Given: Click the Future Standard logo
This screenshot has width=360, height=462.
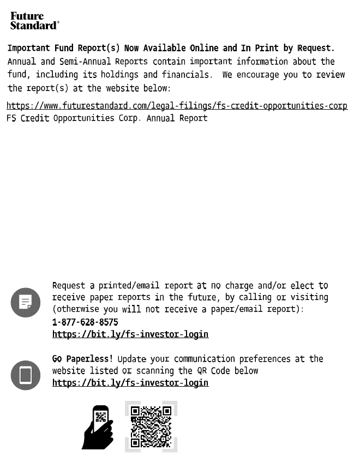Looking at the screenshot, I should click(x=34, y=21).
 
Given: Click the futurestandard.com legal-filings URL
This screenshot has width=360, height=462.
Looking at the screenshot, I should click(x=177, y=105).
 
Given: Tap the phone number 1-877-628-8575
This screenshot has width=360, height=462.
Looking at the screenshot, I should click(x=85, y=322).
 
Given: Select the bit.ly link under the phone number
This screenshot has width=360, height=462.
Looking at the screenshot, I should click(x=130, y=334).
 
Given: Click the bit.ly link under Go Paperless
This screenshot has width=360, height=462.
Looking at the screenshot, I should click(x=130, y=383).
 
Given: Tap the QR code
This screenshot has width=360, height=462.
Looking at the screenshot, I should click(x=151, y=427).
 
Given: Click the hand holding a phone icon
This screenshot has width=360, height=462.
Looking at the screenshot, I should click(x=98, y=428).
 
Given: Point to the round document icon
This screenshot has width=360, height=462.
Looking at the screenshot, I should click(x=26, y=302).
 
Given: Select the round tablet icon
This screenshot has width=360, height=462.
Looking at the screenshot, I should click(x=26, y=375).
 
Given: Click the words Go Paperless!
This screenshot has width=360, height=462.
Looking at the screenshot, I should click(x=82, y=359).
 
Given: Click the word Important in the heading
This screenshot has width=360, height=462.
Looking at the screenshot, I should click(x=29, y=49).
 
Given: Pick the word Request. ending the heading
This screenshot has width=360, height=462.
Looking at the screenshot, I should click(x=316, y=49).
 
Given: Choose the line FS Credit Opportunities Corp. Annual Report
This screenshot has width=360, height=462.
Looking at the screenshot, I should click(x=107, y=118).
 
